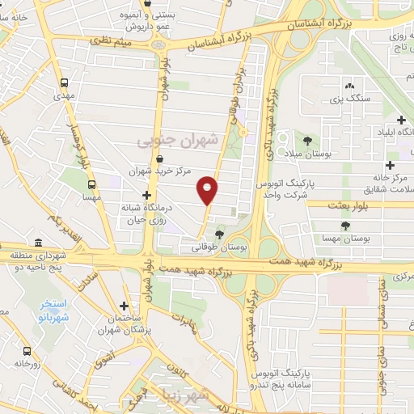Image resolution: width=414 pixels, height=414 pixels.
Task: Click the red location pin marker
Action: click(208, 190)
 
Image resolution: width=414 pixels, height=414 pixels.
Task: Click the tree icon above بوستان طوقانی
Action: click(218, 234)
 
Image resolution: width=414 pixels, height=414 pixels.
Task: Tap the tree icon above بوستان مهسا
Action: click(345, 226)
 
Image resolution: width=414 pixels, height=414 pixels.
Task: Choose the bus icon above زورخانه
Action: click(27, 352)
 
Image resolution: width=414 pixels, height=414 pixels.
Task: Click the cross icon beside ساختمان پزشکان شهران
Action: click(123, 306)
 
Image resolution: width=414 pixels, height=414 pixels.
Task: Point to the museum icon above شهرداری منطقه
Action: click(38, 243)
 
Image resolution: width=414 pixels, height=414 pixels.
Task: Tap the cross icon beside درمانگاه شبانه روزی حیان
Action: click(146, 195)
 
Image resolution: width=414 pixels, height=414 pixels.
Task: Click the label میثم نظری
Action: click(108, 40)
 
